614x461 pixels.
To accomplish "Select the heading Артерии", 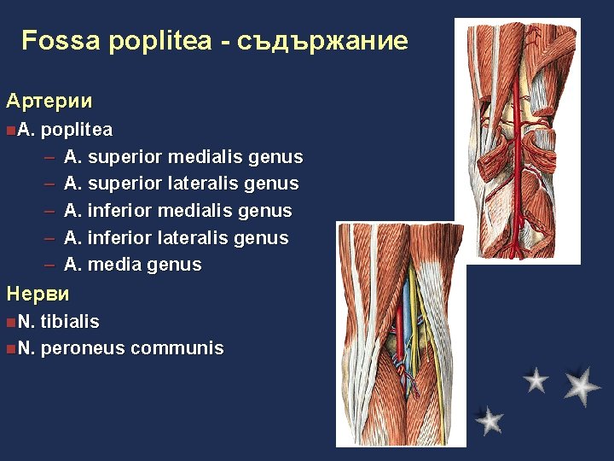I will [x=49, y=101].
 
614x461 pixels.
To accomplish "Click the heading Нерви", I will [x=38, y=295].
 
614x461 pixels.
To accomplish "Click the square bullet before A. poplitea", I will [x=8, y=131].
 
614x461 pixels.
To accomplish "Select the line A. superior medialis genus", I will [x=183, y=157].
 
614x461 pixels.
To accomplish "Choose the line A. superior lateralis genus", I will [x=181, y=184].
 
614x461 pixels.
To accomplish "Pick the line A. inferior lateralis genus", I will [x=176, y=238].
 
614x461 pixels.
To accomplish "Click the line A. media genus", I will [x=133, y=265].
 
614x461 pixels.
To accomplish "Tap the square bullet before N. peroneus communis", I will [x=8, y=348].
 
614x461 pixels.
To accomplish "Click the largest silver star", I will [x=582, y=386].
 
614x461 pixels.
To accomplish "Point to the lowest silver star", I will [x=489, y=420].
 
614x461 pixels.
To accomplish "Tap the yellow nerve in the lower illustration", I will [x=414, y=324].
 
